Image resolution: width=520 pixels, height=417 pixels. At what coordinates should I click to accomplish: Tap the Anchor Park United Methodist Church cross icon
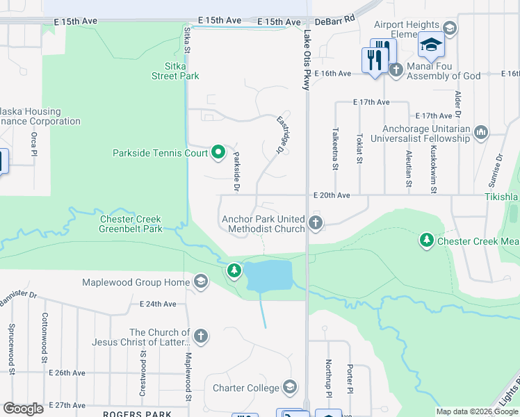[x=316, y=223]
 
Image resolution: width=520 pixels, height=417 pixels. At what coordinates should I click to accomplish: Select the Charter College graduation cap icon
[x=290, y=388]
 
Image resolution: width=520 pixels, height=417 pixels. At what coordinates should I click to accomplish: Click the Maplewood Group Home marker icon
[x=201, y=281]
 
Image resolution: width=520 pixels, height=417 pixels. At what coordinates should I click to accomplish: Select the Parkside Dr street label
[x=237, y=171]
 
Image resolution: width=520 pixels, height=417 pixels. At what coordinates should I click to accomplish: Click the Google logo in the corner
[x=23, y=408]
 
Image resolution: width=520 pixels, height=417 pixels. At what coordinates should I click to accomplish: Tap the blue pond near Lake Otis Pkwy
[x=268, y=277]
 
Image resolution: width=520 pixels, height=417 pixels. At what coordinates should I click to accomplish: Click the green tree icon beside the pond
[x=234, y=270]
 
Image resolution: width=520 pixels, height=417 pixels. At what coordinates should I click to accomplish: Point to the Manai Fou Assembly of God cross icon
[x=396, y=70]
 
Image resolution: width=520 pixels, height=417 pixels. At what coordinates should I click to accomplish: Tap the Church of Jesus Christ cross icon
[x=200, y=337]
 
